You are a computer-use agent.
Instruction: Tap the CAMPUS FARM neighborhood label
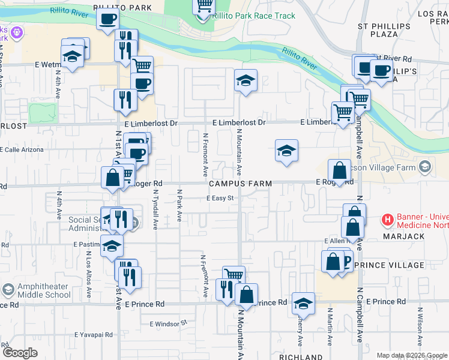click(240, 183)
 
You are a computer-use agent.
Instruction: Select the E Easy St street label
click(223, 198)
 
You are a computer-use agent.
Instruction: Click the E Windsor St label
click(169, 323)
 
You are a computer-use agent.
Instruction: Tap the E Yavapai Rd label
click(94, 335)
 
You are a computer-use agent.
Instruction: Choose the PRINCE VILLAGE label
click(389, 265)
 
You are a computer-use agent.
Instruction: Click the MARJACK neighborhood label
click(404, 236)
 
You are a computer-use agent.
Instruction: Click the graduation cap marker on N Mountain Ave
click(246, 81)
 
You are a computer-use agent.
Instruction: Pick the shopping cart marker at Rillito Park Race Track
click(204, 6)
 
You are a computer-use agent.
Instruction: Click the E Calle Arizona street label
click(22, 149)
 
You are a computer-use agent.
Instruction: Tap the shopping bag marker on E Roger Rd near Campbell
click(340, 170)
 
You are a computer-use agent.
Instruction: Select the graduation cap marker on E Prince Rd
click(304, 304)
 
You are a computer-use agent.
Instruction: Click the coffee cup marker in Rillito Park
click(107, 19)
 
